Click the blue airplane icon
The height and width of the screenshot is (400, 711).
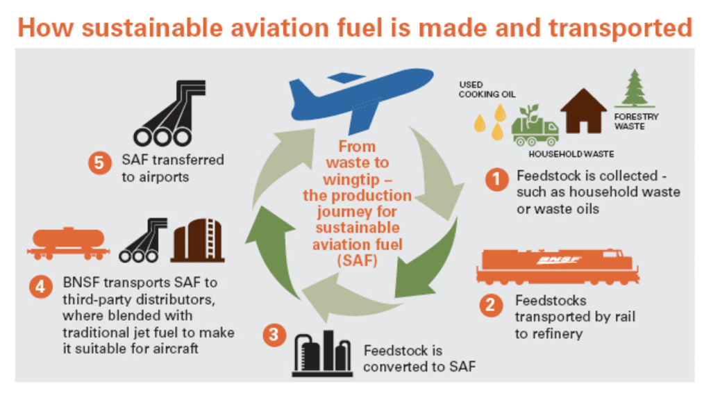(358, 97)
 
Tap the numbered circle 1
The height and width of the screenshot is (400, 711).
(496, 180)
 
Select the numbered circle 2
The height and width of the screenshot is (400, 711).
(492, 305)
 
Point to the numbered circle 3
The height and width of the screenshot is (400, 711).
(275, 335)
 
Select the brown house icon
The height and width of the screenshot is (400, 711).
(583, 111)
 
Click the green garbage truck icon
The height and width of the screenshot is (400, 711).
(535, 126)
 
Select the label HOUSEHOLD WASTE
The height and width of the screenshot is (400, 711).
(571, 153)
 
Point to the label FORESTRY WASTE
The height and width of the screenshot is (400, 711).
(636, 122)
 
